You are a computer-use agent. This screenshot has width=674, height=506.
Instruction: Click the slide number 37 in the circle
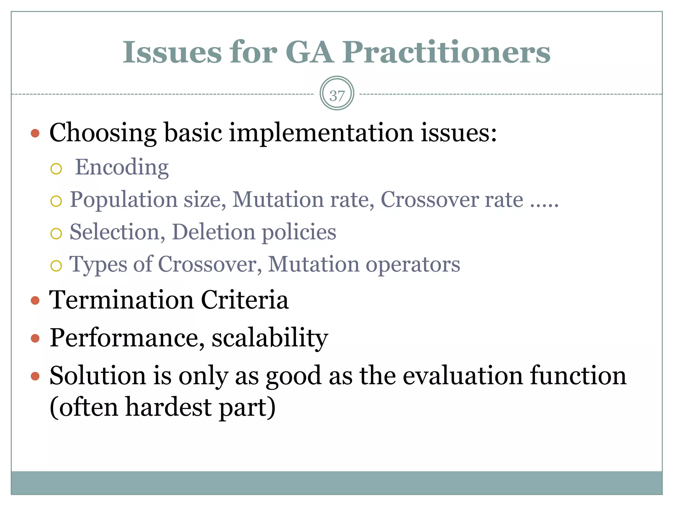click(x=337, y=96)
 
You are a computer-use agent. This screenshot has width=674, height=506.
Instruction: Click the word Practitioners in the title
click(x=446, y=52)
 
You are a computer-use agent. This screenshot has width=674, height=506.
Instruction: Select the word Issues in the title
click(x=172, y=52)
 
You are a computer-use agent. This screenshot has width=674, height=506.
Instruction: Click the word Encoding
click(x=122, y=168)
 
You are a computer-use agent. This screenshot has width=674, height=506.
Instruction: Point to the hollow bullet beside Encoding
click(x=56, y=169)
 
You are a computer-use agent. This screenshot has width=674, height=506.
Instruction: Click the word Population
click(x=124, y=200)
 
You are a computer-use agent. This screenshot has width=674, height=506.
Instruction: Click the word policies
click(x=299, y=233)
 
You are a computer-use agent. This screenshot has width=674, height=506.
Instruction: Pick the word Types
click(x=98, y=265)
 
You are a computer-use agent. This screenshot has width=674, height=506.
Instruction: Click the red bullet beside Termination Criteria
click(x=35, y=300)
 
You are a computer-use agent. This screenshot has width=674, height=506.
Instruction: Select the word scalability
click(x=270, y=338)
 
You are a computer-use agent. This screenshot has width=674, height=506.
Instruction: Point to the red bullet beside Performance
click(x=35, y=338)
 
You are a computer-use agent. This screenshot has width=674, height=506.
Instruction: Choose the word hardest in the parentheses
click(x=168, y=407)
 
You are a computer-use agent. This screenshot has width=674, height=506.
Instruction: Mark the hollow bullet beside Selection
click(x=56, y=234)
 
